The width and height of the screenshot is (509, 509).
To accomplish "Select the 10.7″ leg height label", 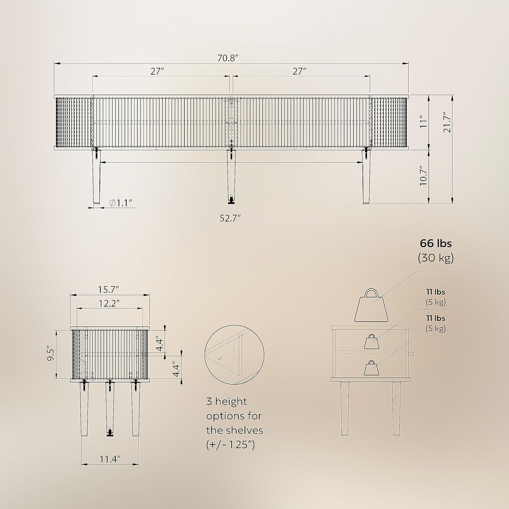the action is pos(423,176).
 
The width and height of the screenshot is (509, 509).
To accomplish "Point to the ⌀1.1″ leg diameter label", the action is pos(120,203).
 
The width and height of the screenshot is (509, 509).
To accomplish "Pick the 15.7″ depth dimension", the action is pos(109,289).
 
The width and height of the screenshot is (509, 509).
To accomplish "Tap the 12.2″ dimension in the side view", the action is pos(109,303).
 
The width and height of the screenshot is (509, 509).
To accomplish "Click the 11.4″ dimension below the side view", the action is pos(110,459).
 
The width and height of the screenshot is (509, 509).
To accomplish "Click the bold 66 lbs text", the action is pos(436,243).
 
